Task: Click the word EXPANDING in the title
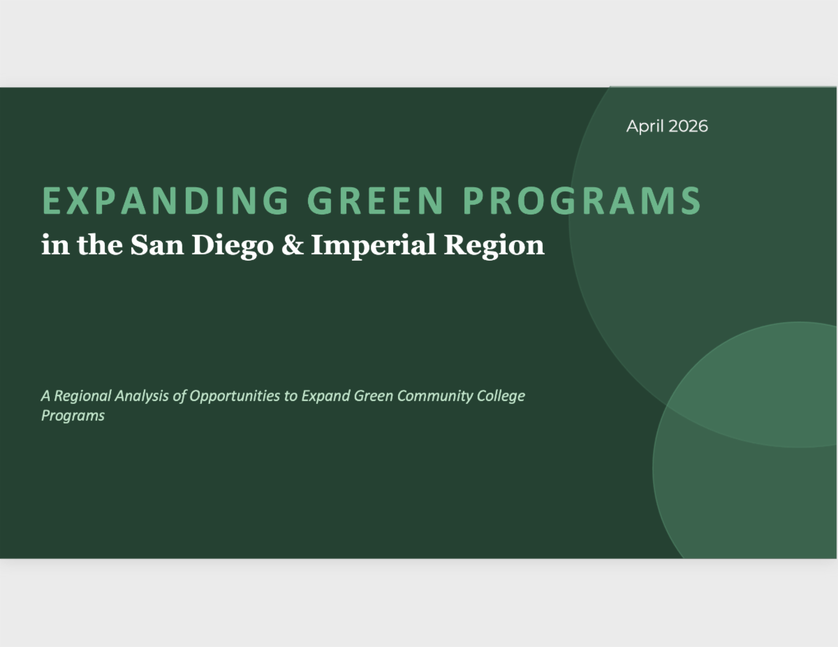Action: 166,201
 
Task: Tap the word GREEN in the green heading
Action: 376,201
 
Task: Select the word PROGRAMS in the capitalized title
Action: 582,201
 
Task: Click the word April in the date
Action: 645,126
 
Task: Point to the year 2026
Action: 689,126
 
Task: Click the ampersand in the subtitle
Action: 293,245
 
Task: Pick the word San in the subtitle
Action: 157,245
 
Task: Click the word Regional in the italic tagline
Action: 82,396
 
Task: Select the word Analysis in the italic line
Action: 142,396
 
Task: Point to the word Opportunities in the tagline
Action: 235,396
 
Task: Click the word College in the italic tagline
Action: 501,396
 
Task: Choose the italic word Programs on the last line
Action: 73,416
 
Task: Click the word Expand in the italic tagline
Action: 326,396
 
